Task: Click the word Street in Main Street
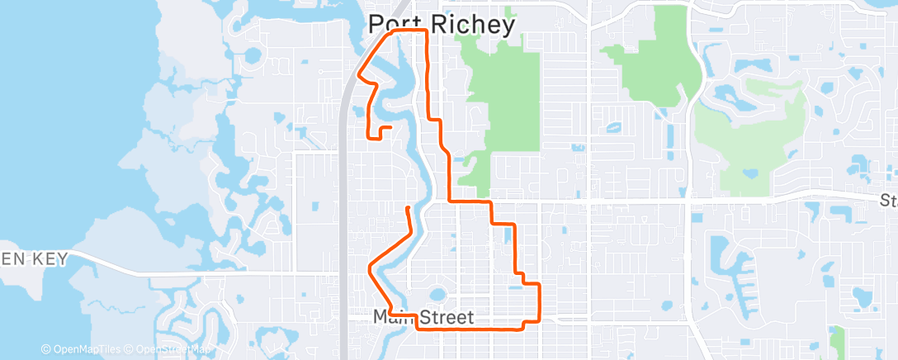click(447, 317)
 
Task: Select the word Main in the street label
click(395, 317)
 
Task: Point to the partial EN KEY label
click(34, 259)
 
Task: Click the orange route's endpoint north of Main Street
click(408, 207)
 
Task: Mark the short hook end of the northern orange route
click(390, 126)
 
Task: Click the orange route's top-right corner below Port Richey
click(426, 31)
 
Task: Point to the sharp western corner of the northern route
click(357, 74)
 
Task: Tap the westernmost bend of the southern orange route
click(368, 267)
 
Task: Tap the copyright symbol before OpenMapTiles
click(46, 349)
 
